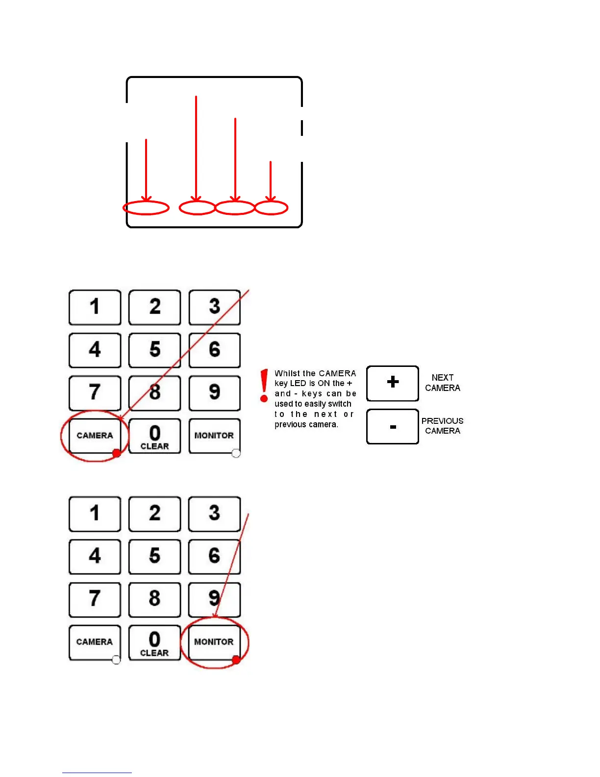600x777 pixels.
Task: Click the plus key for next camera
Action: point(393,383)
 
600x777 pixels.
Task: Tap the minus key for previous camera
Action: point(393,427)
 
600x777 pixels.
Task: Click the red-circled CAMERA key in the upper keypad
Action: point(95,435)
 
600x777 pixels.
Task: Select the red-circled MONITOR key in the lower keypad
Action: point(214,642)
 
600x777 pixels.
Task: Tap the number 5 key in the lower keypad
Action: point(154,556)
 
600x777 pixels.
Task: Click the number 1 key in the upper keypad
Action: point(95,307)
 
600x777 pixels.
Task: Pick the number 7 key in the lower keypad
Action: point(95,599)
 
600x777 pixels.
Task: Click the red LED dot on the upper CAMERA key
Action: point(117,453)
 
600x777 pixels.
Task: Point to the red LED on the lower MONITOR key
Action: point(236,660)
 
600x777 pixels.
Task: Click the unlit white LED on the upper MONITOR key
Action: point(236,453)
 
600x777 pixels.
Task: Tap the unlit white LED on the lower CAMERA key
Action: point(116,660)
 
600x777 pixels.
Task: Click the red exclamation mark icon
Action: point(264,386)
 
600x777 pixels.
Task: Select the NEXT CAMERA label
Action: point(442,383)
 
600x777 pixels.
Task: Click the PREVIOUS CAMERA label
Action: point(442,426)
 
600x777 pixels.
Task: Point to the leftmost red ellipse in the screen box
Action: point(146,208)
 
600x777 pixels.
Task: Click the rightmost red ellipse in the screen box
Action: point(271,208)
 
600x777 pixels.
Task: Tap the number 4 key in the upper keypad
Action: point(95,350)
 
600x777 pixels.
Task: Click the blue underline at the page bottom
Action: point(97,773)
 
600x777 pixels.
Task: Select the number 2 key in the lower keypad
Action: point(154,514)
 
